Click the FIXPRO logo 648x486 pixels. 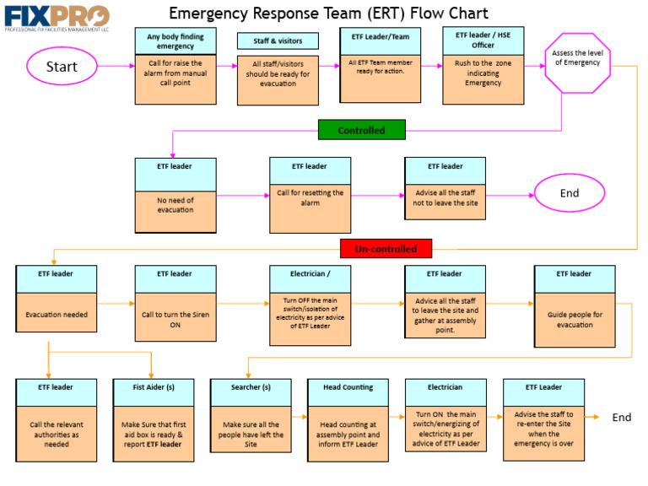tap(57, 17)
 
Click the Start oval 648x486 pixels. tap(62, 67)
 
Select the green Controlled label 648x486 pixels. tap(361, 130)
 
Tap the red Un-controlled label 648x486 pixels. tap(386, 249)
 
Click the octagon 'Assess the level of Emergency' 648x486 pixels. tap(576, 62)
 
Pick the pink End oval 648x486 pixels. tap(570, 193)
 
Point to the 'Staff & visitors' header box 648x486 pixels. tap(278, 40)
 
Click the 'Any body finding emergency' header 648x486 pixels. tap(175, 40)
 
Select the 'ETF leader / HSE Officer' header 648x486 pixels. tap(483, 40)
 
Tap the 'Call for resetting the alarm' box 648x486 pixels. tap(310, 208)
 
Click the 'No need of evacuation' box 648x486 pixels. tap(175, 208)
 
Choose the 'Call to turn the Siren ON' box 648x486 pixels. tap(175, 320)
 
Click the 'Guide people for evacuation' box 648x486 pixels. tap(575, 320)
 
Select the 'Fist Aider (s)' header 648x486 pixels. tap(153, 387)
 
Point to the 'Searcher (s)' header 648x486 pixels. tap(251, 387)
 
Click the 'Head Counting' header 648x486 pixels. tap(348, 387)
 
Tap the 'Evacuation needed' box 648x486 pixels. tap(57, 316)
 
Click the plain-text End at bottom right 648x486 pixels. tap(622, 418)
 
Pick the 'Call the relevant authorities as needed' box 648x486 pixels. tap(57, 434)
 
